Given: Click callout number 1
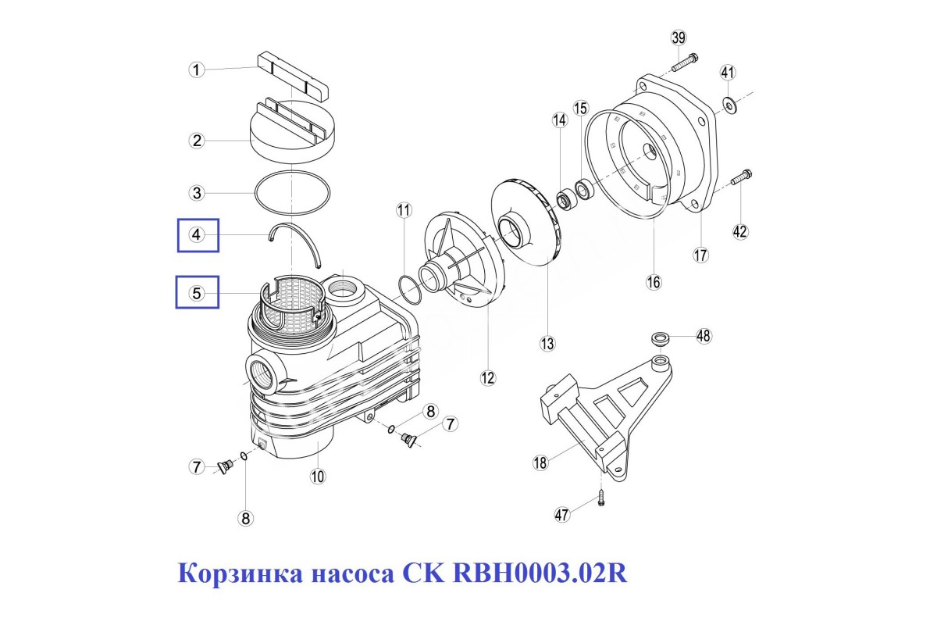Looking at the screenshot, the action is click(x=197, y=70).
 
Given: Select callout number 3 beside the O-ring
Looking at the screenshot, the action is click(x=197, y=193).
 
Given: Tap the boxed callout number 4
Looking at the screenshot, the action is click(x=197, y=234).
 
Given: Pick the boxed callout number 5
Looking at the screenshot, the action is click(x=197, y=293).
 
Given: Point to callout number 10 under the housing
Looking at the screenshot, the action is click(x=318, y=476).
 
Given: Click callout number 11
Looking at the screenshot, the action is click(x=404, y=209).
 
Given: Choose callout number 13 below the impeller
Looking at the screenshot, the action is click(x=547, y=343).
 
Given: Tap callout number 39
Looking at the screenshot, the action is click(x=679, y=37).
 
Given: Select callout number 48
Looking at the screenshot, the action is click(x=704, y=336).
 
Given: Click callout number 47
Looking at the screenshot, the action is click(x=562, y=515).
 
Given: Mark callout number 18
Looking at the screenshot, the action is click(x=540, y=462).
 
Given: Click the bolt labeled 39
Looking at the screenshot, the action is click(x=686, y=62).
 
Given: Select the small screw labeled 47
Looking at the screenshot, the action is click(x=601, y=498).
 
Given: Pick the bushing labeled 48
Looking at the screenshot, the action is click(x=661, y=338).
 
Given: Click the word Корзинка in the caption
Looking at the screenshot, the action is click(x=240, y=573).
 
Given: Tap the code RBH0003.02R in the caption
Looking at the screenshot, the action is click(x=540, y=573).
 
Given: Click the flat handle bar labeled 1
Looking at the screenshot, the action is click(x=293, y=75).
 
